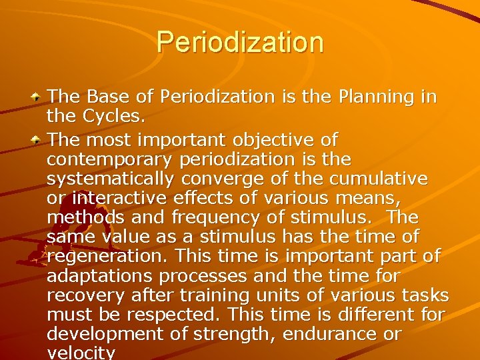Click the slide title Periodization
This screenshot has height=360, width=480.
pos(240,41)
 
